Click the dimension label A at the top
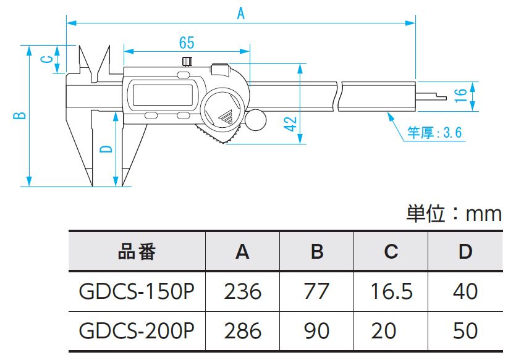click(241, 12)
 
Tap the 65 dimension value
click(187, 43)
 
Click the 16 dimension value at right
click(459, 95)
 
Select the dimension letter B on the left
click(20, 115)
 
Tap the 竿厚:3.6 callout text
click(434, 133)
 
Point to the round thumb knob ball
click(255, 119)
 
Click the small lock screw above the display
click(187, 61)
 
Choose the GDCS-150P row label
click(137, 291)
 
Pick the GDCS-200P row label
click(137, 330)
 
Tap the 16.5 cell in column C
click(391, 291)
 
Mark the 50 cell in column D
click(465, 330)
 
